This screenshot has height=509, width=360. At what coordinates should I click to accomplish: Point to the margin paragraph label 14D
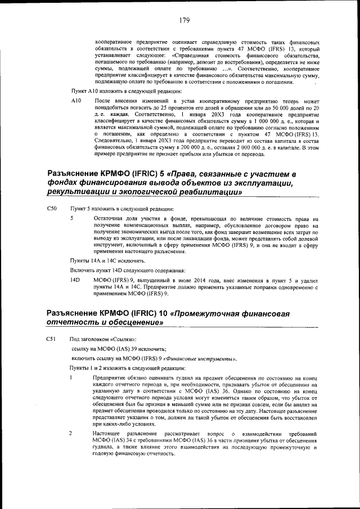tap(74, 280)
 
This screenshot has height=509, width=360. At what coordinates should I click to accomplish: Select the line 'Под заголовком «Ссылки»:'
tap(102, 340)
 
